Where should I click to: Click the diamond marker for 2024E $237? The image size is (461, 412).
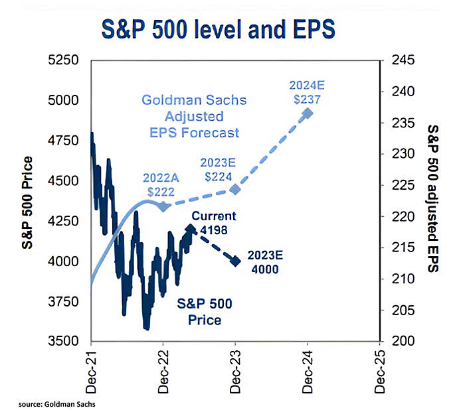pos(308,113)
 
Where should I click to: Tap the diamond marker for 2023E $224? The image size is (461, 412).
pos(235,189)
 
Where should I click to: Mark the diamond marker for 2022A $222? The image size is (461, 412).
pos(163,206)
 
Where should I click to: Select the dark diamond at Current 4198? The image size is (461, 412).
pos(191,230)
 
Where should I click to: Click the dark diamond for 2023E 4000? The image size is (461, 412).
pos(235,261)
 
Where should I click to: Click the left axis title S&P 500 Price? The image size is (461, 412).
pos(27,200)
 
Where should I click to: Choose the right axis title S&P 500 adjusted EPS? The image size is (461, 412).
pos(432,200)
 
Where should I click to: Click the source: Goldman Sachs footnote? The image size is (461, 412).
pos(51,402)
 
